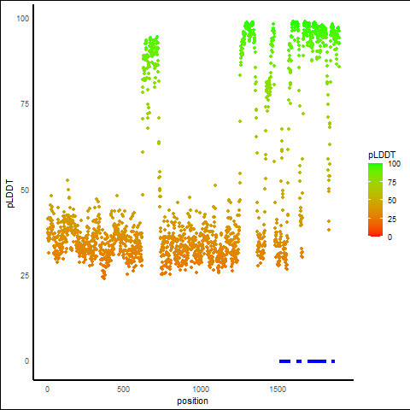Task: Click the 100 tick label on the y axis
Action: [x=23, y=19]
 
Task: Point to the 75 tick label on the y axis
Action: [x=25, y=104]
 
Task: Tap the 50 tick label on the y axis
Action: [x=25, y=190]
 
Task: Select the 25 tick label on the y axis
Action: [x=25, y=275]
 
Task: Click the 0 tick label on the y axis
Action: [x=26, y=361]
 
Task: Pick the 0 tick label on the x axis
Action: [x=47, y=389]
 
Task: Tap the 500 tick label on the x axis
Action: [x=123, y=389]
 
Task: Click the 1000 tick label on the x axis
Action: [x=201, y=389]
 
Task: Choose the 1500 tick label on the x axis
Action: [x=278, y=389]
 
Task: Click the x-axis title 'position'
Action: [x=192, y=401]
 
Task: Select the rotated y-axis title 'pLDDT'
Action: [x=10, y=194]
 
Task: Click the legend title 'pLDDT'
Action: [x=382, y=155]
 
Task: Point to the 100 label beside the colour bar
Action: [x=394, y=164]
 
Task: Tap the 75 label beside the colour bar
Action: [x=392, y=183]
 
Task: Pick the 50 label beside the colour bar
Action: [x=392, y=201]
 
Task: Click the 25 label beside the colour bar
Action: [x=392, y=219]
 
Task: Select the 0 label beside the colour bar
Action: [x=390, y=237]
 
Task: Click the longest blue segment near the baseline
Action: [x=317, y=361]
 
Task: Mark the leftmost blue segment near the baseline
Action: [x=284, y=361]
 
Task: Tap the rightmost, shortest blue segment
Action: [x=333, y=361]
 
